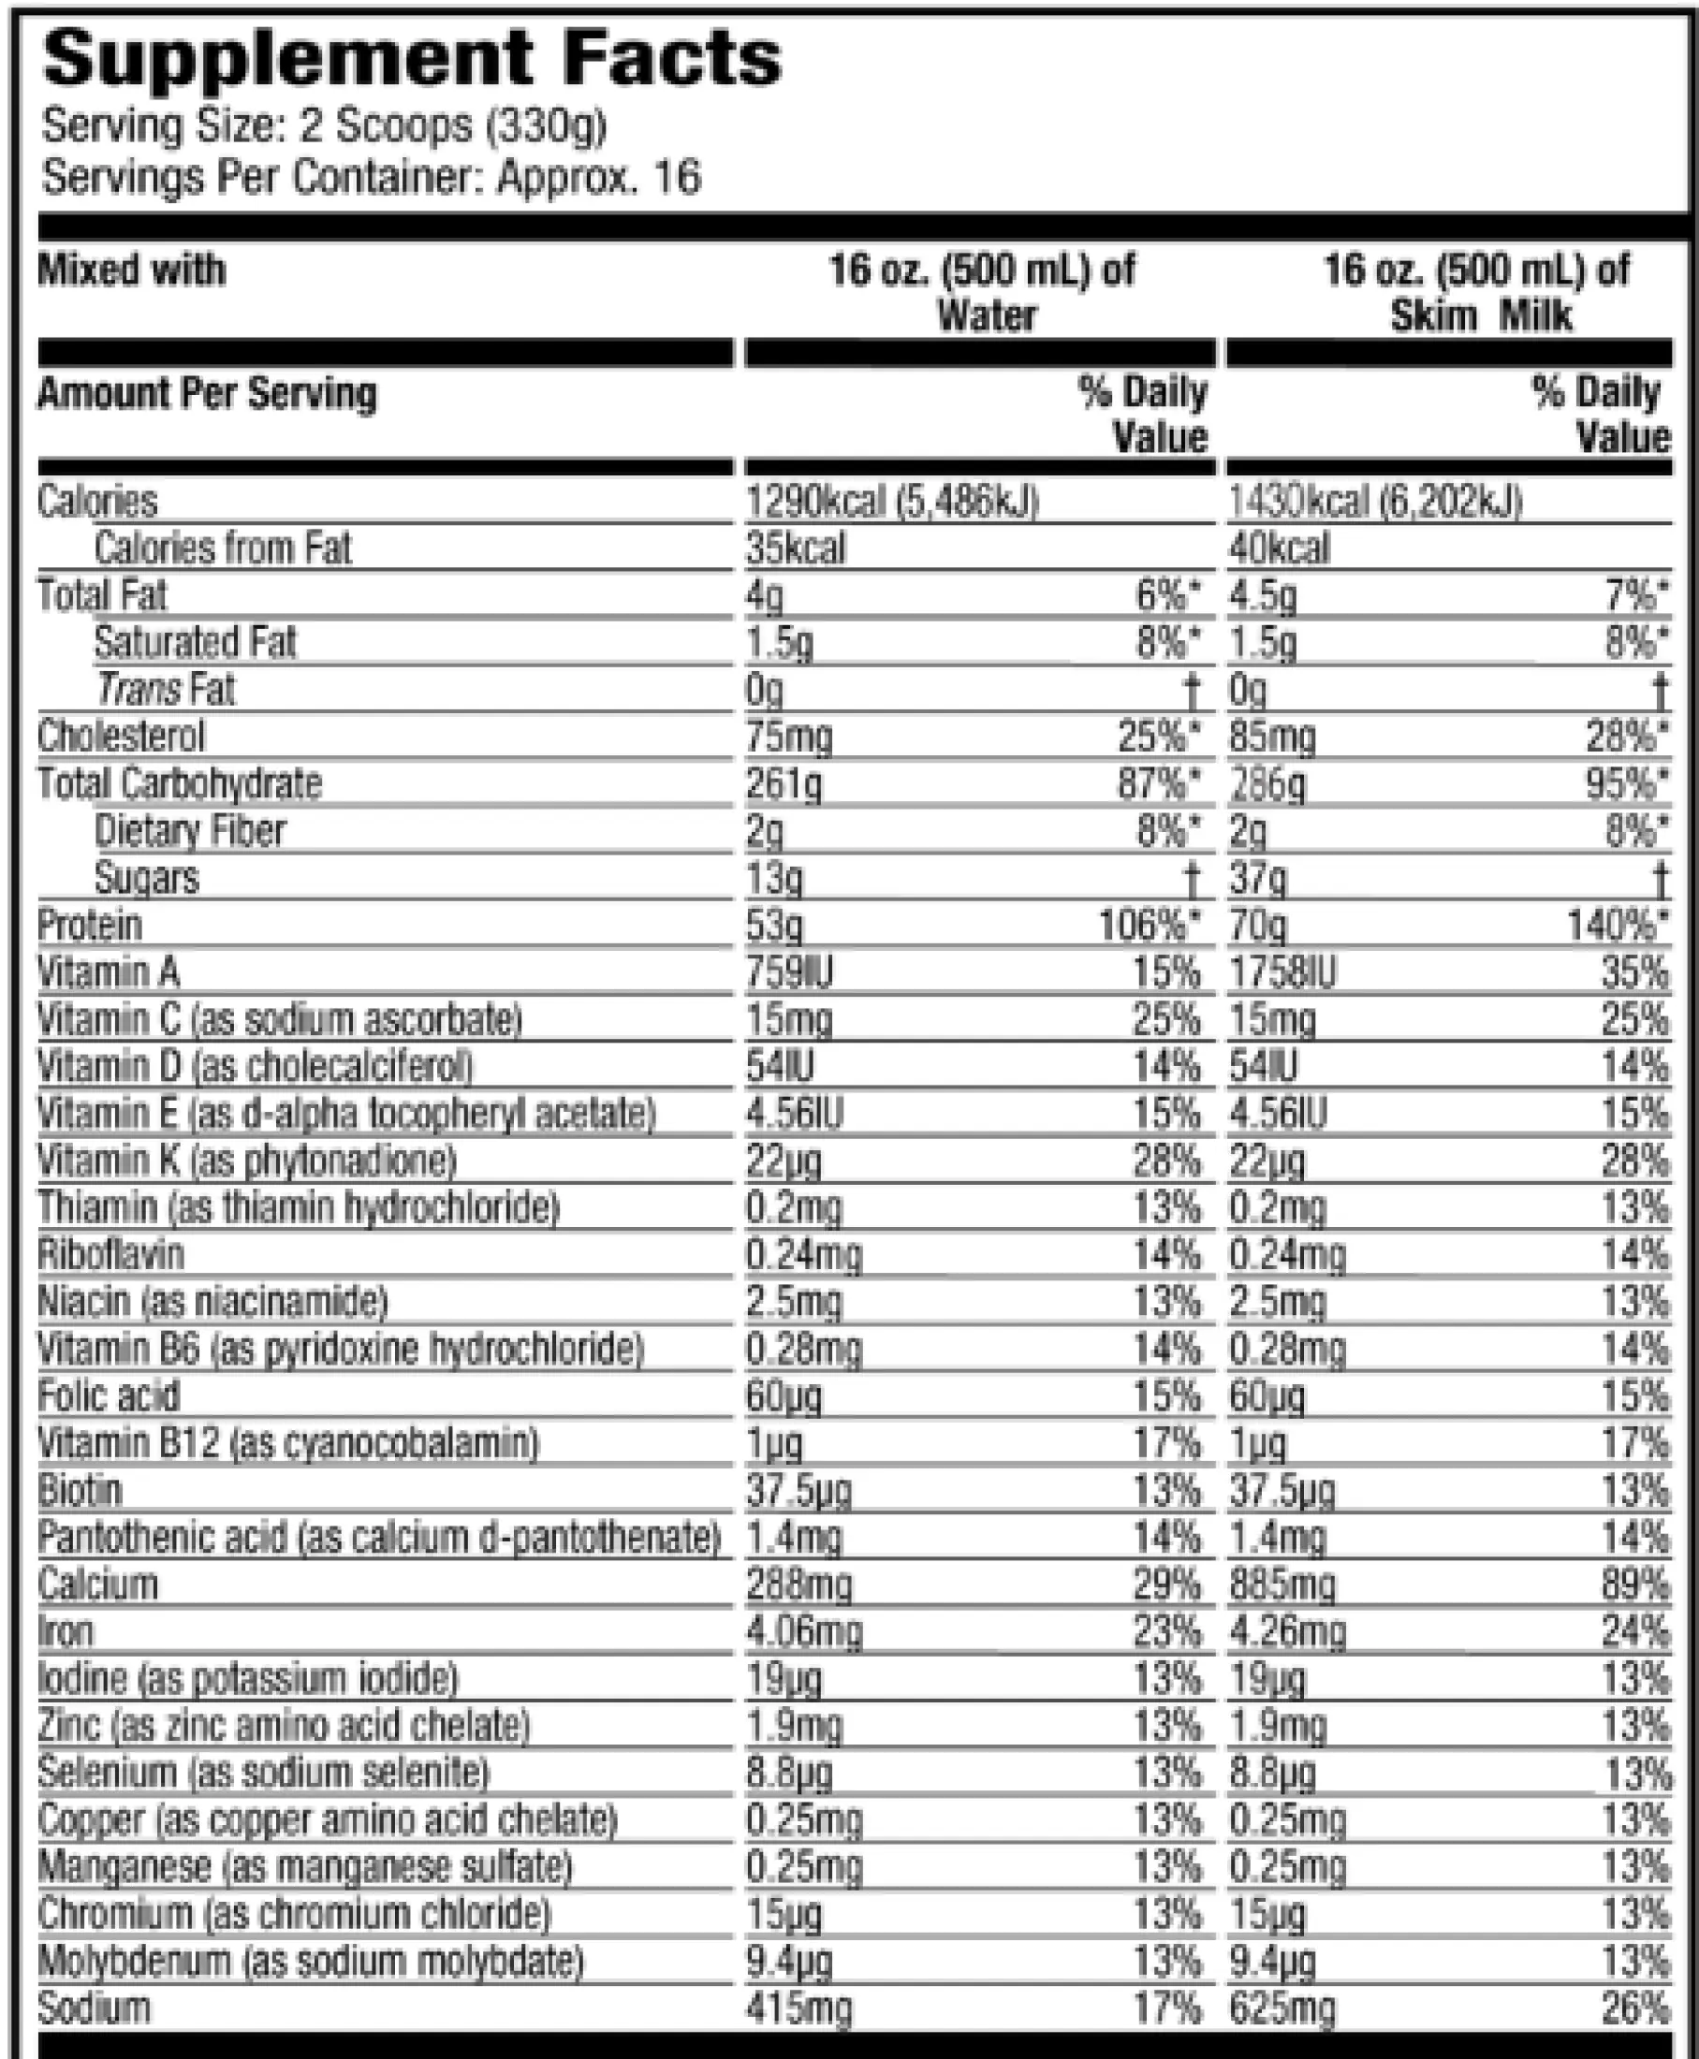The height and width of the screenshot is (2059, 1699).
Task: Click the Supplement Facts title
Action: coord(412,59)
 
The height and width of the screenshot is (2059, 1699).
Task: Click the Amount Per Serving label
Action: coord(207,393)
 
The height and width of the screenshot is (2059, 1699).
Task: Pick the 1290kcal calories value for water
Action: coord(891,502)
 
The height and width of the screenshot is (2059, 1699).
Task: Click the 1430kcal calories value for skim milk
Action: coord(1374,502)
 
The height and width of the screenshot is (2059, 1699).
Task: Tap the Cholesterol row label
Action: coord(122,737)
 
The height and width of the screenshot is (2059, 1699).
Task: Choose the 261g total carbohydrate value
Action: coord(783,784)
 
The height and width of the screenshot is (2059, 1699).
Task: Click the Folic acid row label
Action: coord(109,1395)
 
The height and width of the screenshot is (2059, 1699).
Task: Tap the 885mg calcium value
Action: coord(1282,1584)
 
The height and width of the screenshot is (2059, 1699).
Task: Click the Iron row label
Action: coord(66,1631)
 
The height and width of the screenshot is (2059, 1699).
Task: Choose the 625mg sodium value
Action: coord(1282,2008)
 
